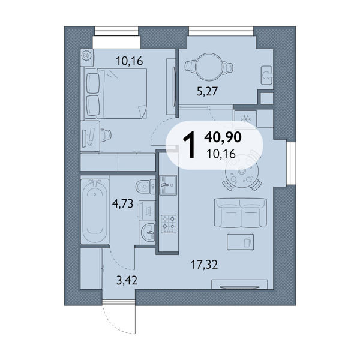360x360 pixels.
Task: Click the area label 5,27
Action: point(207,91)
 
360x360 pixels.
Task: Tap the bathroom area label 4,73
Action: point(122,203)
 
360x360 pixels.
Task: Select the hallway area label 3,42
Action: point(127,280)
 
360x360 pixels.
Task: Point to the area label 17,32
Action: point(205,265)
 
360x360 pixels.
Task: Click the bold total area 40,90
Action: point(223,137)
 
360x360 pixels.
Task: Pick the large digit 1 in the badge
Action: point(189,145)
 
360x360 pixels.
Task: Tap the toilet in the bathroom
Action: point(145,187)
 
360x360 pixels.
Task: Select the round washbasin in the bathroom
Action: point(148,232)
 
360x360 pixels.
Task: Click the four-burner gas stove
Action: point(169,224)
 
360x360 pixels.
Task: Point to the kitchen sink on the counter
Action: point(168,185)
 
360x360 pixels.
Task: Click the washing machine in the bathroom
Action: point(147,211)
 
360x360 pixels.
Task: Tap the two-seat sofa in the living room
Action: point(241,213)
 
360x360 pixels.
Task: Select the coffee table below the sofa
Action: point(241,242)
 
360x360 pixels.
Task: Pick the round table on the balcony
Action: point(209,67)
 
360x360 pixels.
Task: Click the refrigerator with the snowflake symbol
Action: point(245,119)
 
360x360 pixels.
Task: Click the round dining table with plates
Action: point(242,171)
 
